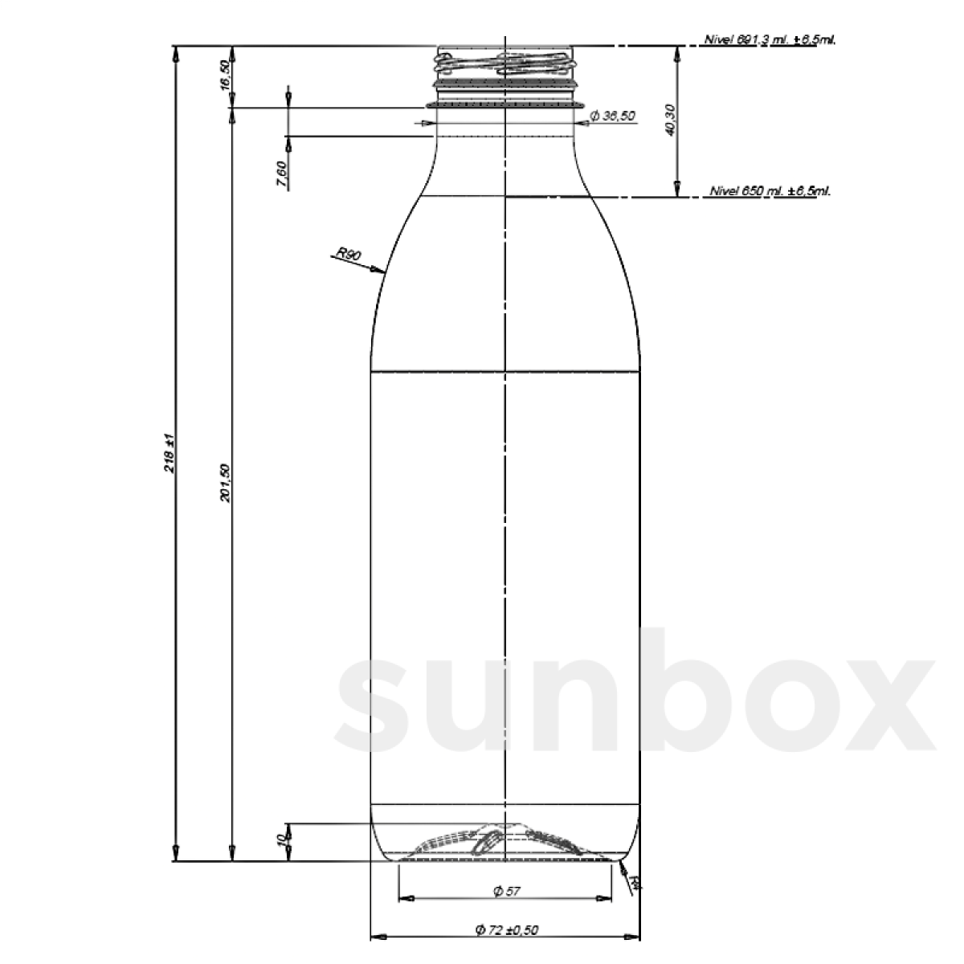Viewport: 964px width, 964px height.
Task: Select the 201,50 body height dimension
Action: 226,482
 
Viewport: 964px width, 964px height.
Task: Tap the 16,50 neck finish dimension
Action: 226,76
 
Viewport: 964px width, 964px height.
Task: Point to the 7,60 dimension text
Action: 280,174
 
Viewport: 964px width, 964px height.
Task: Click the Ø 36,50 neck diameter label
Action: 612,116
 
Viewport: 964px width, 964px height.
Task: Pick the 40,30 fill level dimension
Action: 671,120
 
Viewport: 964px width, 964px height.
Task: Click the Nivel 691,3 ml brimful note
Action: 770,39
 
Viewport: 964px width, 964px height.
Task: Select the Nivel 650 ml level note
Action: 770,192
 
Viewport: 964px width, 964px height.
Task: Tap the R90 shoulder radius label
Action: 349,255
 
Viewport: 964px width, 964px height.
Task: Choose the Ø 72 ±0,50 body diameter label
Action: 507,930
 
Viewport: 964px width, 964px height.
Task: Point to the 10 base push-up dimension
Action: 280,840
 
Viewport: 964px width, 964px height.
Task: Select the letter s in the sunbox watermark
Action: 378,704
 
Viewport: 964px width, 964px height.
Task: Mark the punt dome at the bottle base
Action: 504,839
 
